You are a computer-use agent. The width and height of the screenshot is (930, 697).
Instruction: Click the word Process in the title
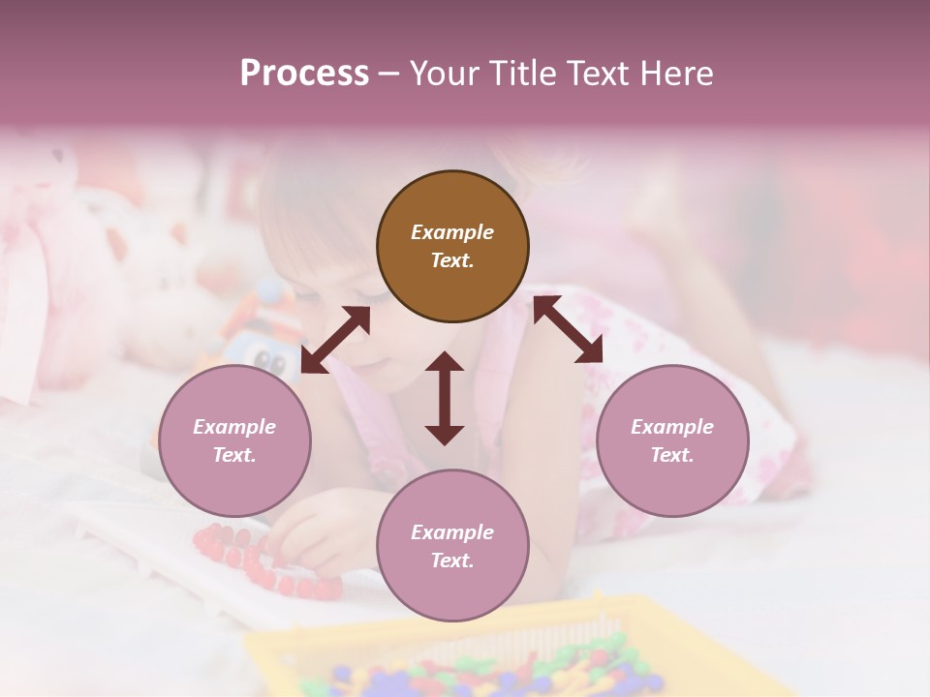pyautogui.click(x=304, y=74)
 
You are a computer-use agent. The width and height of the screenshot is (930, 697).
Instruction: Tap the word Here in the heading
pyautogui.click(x=674, y=74)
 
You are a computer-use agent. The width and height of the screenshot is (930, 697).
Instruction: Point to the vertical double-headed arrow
pyautogui.click(x=445, y=398)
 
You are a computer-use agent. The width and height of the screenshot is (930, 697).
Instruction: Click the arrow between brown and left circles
pyautogui.click(x=335, y=340)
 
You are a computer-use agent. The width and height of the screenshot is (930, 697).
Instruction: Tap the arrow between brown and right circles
pyautogui.click(x=568, y=329)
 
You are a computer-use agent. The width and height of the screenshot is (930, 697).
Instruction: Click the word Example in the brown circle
pyautogui.click(x=452, y=232)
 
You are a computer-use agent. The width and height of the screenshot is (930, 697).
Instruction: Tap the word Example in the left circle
pyautogui.click(x=234, y=427)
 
